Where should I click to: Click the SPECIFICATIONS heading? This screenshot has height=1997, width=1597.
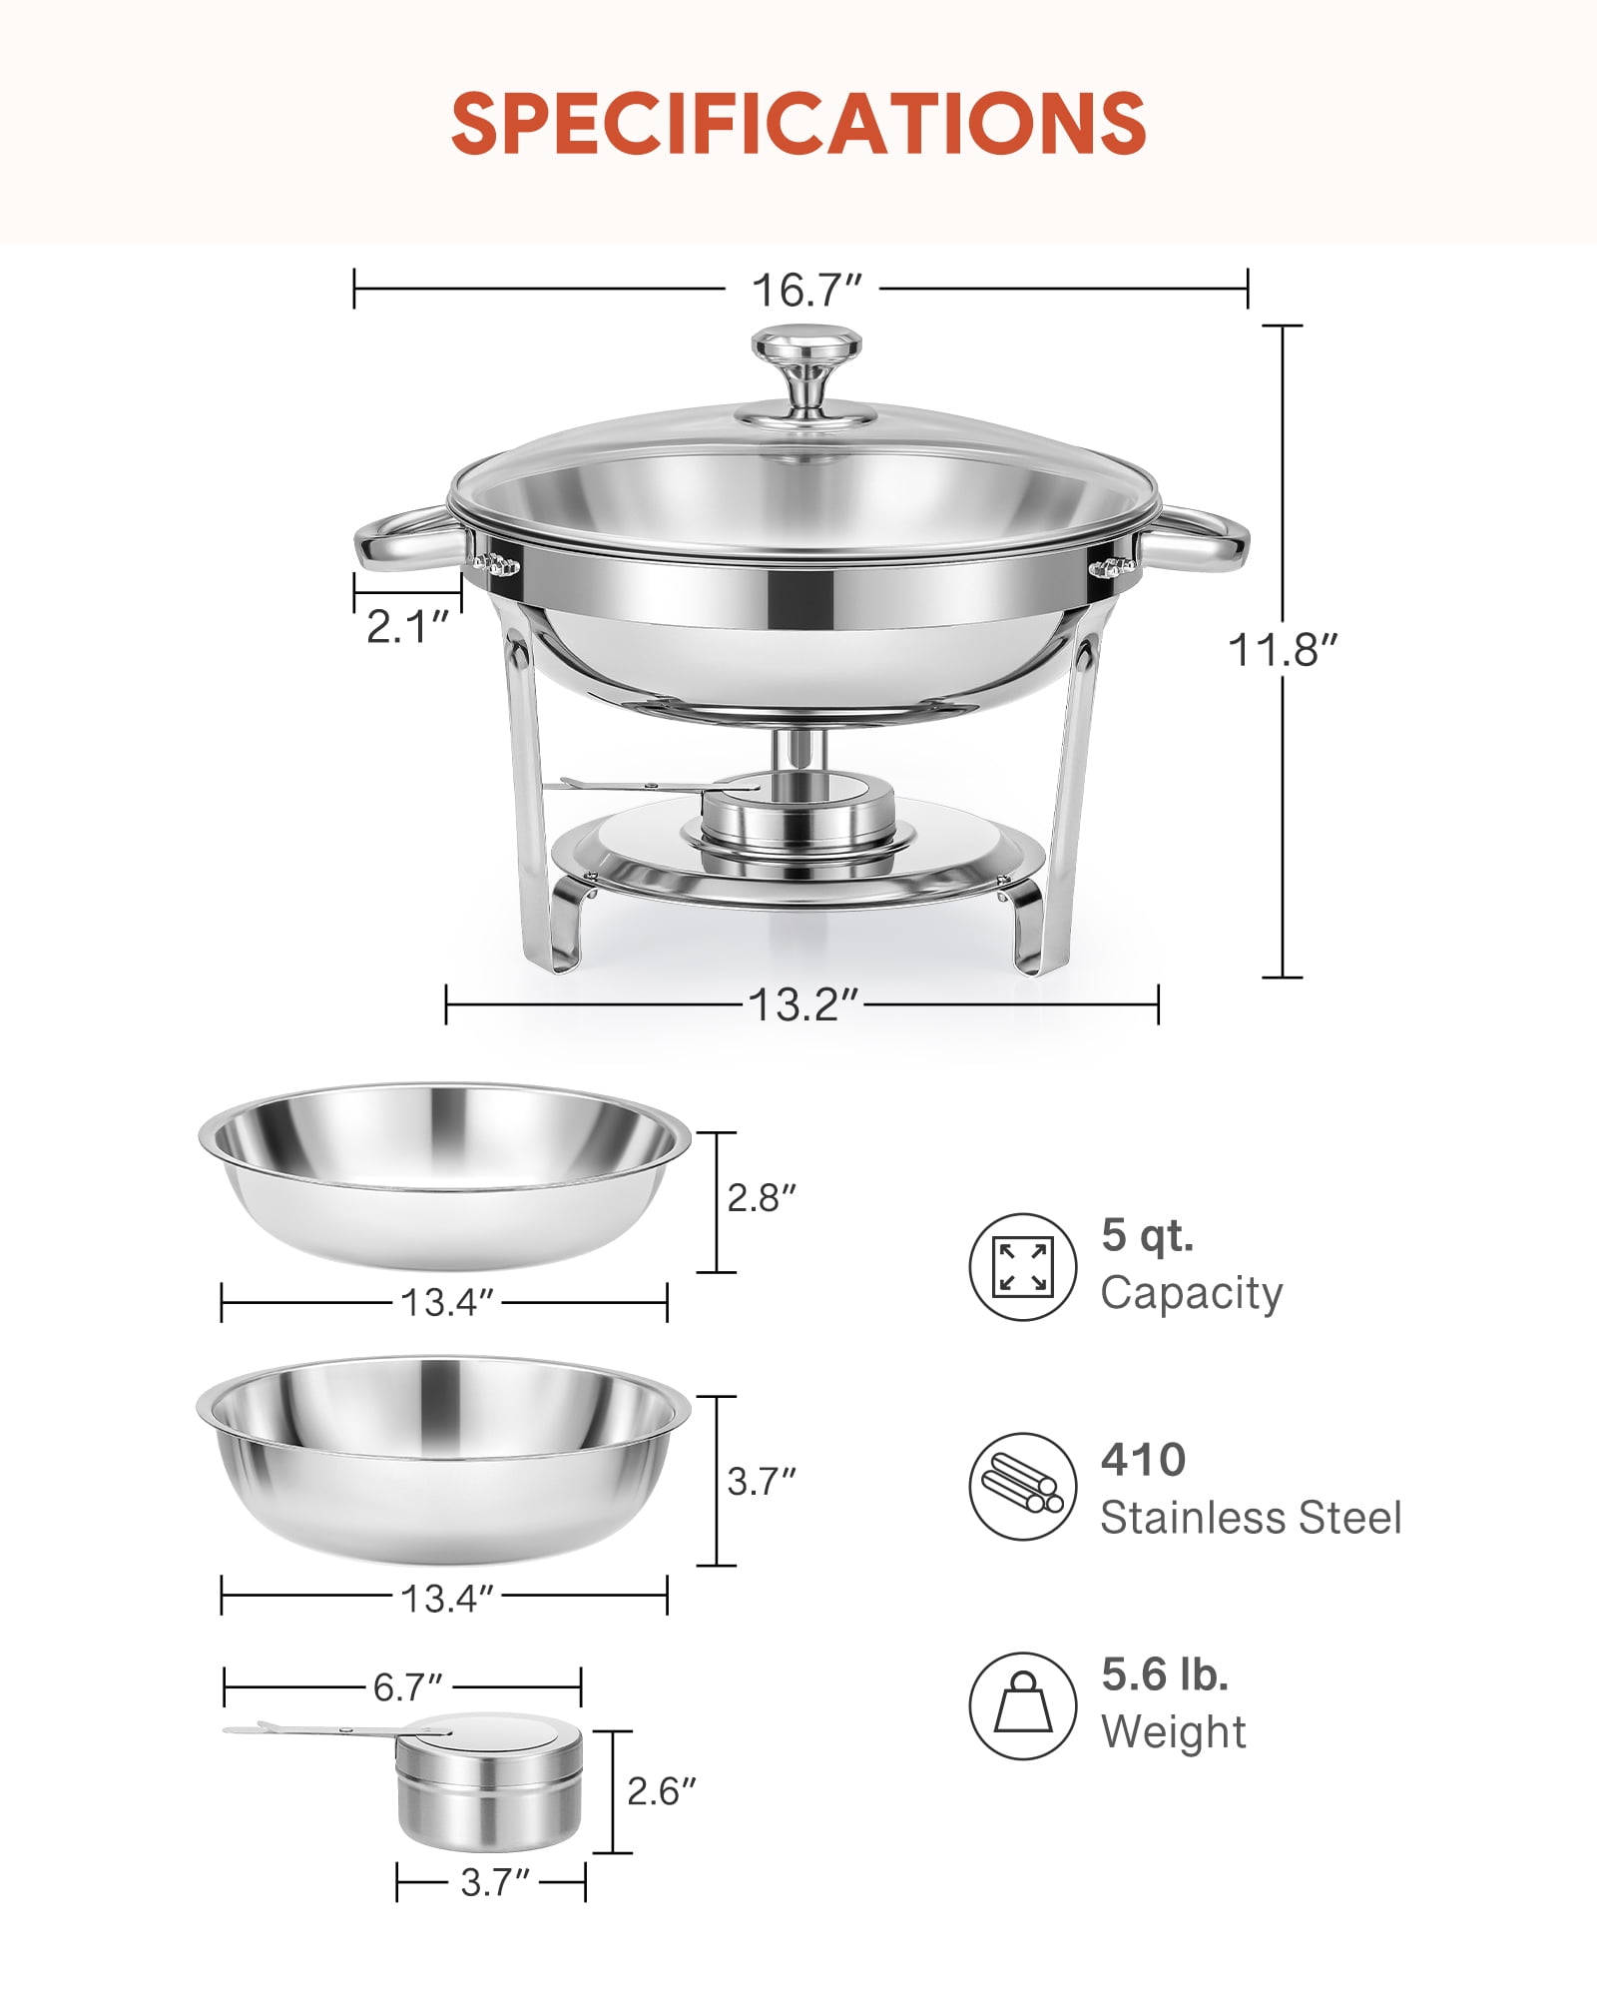[798, 123]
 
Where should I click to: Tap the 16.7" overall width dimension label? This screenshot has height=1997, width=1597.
[806, 290]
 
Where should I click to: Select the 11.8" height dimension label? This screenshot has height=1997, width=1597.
[1282, 650]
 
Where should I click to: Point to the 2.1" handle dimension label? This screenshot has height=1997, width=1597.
[408, 627]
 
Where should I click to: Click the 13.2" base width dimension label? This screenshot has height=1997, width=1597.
[803, 1004]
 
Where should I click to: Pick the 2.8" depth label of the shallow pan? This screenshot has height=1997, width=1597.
[762, 1197]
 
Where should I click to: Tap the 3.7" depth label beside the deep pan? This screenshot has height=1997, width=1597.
[762, 1481]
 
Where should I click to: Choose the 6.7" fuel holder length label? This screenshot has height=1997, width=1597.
[407, 1687]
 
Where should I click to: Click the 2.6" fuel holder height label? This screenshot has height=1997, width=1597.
[661, 1791]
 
